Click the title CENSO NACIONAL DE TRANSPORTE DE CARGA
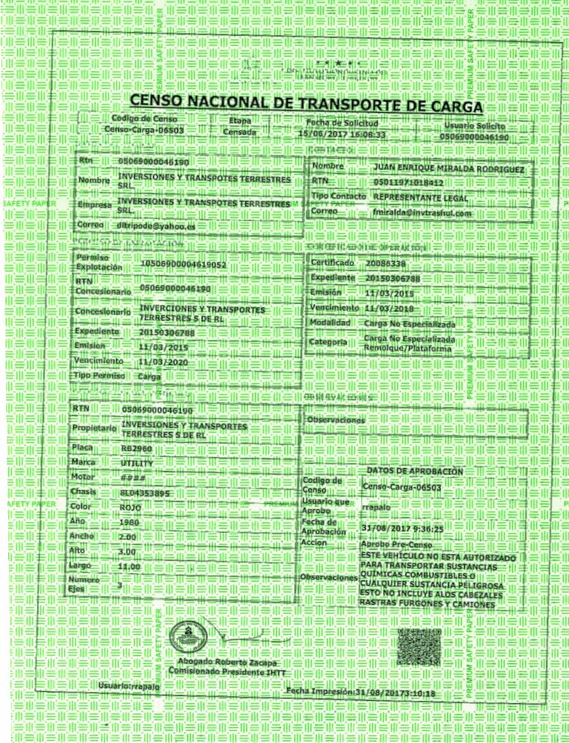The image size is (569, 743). pos(306,103)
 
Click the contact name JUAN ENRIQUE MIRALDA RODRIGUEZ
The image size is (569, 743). pos(449,168)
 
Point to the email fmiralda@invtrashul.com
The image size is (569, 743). pos(422,214)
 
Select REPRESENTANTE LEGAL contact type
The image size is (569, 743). pos(421,198)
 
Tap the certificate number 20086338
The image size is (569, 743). pos(386,263)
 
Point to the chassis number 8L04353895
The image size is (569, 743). pos(144,493)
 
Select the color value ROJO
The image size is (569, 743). pos(130,508)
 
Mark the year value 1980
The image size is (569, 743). pos(129,523)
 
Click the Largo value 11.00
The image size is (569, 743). pos(129,567)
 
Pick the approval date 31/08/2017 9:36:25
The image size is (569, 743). pos(402,528)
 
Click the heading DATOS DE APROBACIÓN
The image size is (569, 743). pos(415,472)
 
